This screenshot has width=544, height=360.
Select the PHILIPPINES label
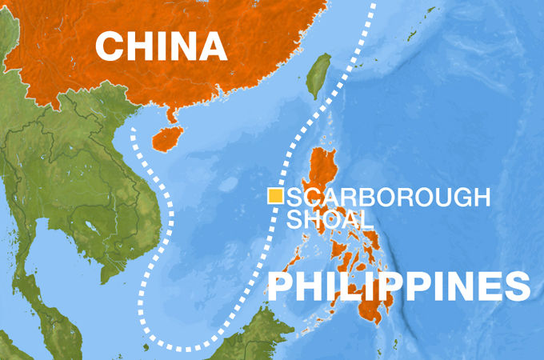[398, 286]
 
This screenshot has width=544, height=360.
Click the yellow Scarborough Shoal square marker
[275, 195]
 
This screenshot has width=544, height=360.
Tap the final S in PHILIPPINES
[516, 286]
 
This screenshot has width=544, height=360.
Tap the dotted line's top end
[373, 4]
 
